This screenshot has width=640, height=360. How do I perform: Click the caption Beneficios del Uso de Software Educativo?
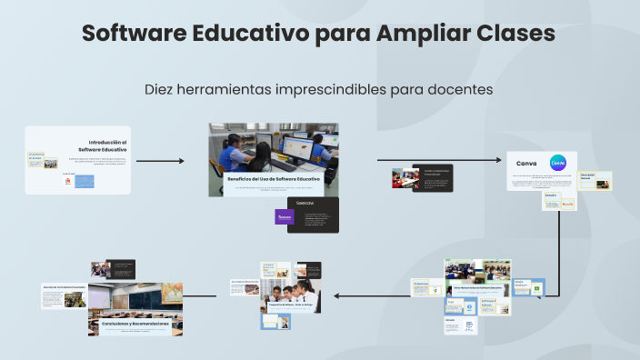273,179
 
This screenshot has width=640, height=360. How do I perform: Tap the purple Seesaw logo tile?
285,217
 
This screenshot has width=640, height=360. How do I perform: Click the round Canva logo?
558,162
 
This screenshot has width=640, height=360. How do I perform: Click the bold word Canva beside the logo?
526,163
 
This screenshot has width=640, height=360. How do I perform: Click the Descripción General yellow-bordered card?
595,180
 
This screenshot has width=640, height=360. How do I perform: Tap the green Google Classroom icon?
537,288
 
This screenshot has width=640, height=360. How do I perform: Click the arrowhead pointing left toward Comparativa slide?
337,295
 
